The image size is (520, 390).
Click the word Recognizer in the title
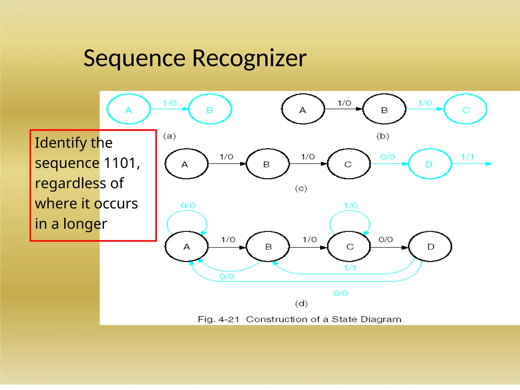[x=249, y=59]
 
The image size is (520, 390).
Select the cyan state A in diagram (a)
[x=129, y=109]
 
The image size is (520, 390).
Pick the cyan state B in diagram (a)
[x=210, y=109]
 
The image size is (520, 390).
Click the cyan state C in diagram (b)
[x=465, y=109]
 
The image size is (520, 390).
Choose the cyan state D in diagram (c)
[x=430, y=164]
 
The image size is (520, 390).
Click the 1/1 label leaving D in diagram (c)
[x=467, y=157]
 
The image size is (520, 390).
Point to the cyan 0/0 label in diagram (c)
[x=388, y=157]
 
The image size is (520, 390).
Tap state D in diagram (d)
[x=430, y=247]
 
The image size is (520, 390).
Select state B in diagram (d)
[x=268, y=247]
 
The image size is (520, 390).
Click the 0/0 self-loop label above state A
[x=188, y=205]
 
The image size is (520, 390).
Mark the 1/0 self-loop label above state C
[x=350, y=205]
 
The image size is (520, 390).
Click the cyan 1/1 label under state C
[x=350, y=268]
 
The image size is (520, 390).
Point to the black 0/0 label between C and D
[x=385, y=239]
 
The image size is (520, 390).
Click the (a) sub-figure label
[x=169, y=136]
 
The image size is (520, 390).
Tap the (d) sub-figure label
[x=301, y=304]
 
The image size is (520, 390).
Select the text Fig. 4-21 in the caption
[x=218, y=319]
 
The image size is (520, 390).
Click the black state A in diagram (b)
[x=303, y=109]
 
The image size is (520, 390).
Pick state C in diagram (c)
[x=348, y=164]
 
